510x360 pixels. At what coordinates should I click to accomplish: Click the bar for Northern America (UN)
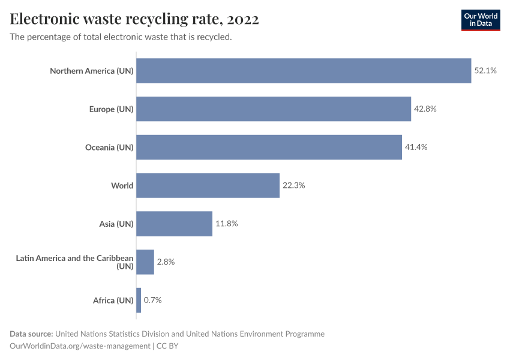point(304,71)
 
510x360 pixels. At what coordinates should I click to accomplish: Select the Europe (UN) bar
point(274,109)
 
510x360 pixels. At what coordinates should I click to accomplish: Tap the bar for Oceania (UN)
point(269,147)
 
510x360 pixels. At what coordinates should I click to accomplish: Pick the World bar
point(208,185)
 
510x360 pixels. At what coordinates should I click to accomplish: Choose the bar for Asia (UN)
point(174,224)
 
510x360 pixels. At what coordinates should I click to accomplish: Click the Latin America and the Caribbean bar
point(145,262)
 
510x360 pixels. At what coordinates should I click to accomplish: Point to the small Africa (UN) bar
point(139,300)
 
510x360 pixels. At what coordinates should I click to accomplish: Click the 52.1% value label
point(485,71)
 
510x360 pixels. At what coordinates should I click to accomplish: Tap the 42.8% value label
point(425,109)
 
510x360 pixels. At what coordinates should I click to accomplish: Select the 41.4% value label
point(416,147)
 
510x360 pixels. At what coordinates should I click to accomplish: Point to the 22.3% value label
point(294,185)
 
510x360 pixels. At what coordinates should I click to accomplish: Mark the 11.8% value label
point(227,224)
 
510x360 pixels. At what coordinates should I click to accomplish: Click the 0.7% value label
point(152,300)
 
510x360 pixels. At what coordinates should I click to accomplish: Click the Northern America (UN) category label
point(91,71)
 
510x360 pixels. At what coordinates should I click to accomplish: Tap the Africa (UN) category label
point(113,300)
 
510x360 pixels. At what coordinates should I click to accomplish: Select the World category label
point(122,185)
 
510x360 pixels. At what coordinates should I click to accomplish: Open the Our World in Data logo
point(480,20)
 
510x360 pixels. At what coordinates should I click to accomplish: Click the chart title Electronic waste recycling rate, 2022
point(134,19)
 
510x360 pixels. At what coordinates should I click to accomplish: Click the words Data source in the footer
point(31,334)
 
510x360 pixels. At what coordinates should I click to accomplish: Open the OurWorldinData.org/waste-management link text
point(80,346)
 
